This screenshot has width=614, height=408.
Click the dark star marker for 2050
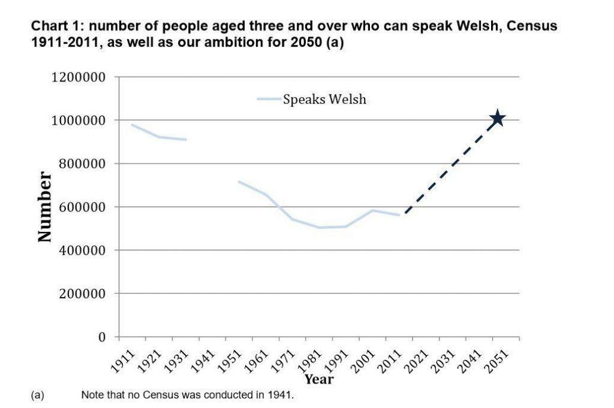tap(496, 119)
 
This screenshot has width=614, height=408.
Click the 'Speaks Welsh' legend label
tap(324, 99)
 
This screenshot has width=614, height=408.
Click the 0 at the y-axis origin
tap(102, 337)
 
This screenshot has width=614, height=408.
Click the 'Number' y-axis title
tap(44, 207)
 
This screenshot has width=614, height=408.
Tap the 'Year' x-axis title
tap(318, 379)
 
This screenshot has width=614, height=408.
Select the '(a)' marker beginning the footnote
tap(37, 395)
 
